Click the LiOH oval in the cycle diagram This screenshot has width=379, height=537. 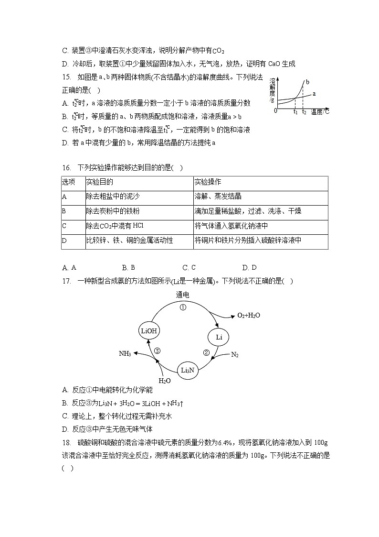point(149,330)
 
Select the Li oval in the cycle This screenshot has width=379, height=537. point(219,337)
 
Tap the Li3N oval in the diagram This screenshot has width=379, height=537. point(187,370)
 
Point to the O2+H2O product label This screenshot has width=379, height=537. point(248,316)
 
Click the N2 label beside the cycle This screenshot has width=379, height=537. point(234,354)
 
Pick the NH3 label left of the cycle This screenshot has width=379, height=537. point(125,353)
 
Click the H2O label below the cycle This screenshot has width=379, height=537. point(165,381)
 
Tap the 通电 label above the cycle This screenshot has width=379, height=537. point(182,295)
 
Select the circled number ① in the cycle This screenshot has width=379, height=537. point(182,307)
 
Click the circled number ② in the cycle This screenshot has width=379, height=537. point(206,353)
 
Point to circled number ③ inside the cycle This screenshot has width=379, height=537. point(157,351)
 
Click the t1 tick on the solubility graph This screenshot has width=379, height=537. point(295,112)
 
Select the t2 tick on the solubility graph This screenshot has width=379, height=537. point(305,112)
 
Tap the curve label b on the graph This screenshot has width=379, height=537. point(307,82)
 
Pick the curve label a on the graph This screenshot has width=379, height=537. point(314,94)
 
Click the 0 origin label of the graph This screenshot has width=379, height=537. point(275,111)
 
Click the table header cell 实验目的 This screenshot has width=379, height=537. point(100,183)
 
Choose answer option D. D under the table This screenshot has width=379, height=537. point(249,268)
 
